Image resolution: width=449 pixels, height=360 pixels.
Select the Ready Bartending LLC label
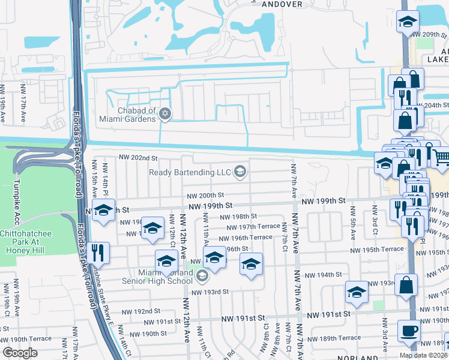tap(191, 173)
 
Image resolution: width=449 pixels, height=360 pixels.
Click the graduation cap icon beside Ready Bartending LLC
tap(240, 173)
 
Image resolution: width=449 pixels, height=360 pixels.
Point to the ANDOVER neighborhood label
tap(265, 3)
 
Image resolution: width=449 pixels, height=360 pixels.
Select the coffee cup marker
tap(409, 332)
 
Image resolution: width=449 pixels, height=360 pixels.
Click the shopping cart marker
tap(441, 158)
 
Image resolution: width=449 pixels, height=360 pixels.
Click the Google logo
tap(20, 353)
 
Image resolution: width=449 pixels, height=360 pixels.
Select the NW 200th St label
tap(205, 196)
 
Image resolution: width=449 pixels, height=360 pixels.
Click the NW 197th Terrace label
tap(253, 227)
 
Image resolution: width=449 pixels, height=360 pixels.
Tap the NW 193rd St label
tap(210, 292)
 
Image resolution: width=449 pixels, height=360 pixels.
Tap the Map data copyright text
tap(424, 355)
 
